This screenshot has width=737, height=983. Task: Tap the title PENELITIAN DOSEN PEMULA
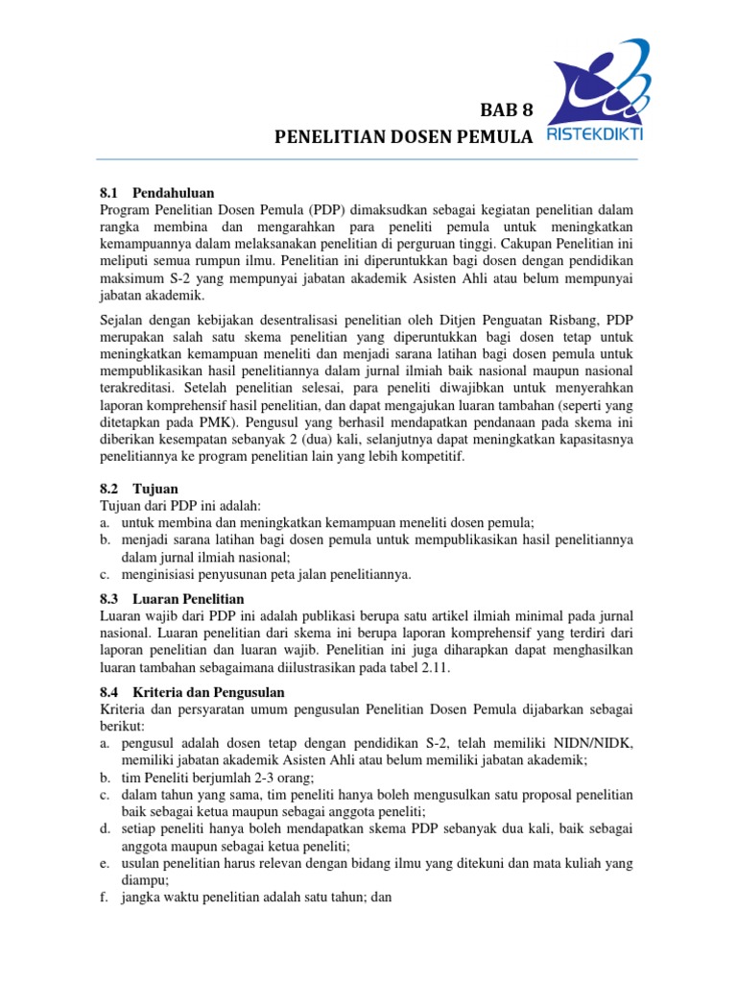click(403, 139)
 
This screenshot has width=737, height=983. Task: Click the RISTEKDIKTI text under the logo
click(594, 134)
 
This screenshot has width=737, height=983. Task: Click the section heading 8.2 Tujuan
click(139, 489)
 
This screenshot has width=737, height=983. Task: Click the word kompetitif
click(429, 458)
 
